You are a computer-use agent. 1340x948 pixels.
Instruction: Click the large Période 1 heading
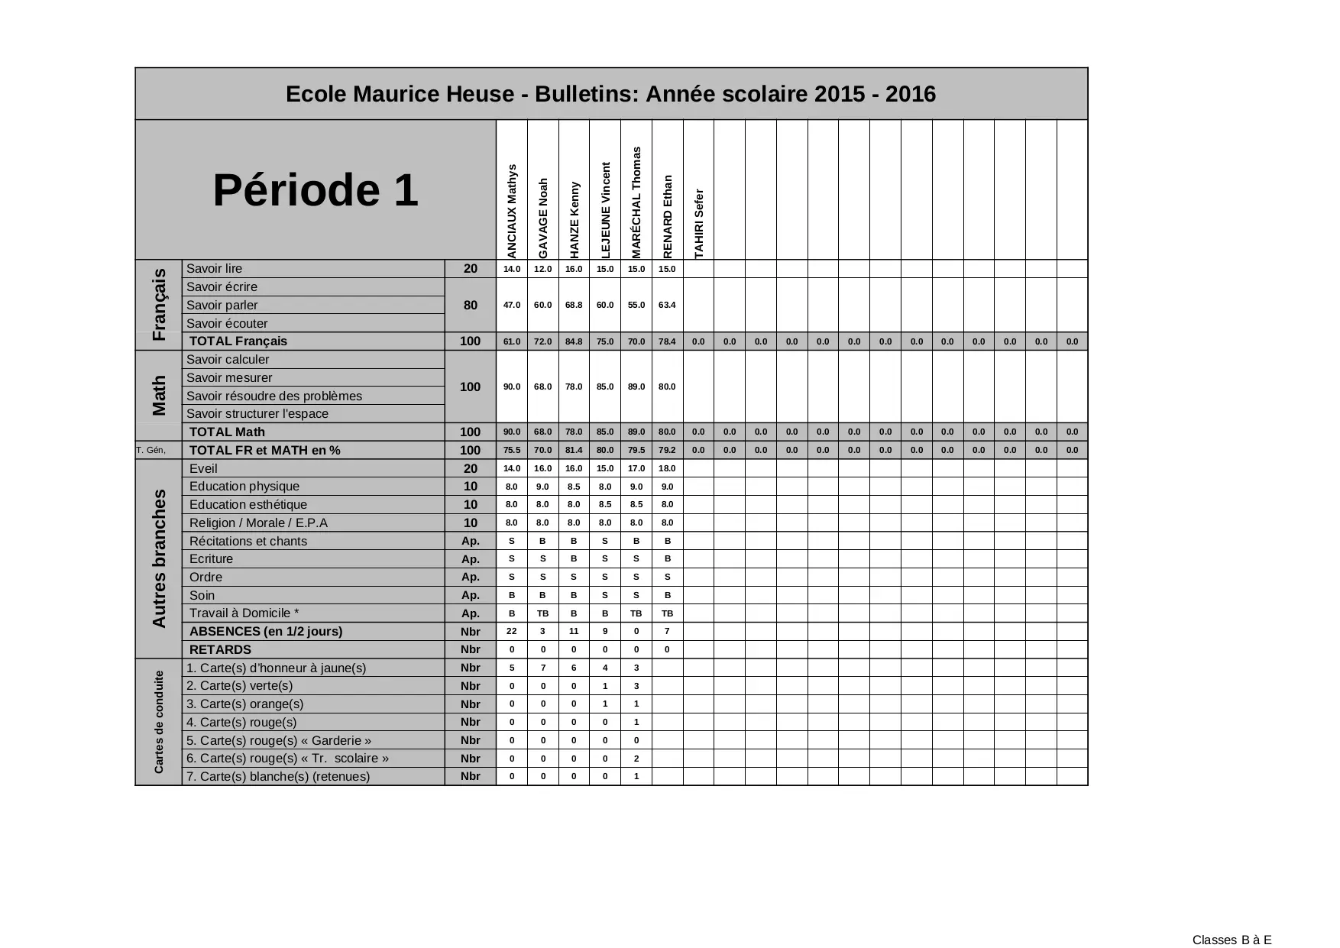315,190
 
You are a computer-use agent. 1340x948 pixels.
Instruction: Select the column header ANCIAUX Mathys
512,211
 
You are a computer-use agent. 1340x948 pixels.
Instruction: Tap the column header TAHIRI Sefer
698,223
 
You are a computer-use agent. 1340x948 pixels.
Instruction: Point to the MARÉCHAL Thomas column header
636,202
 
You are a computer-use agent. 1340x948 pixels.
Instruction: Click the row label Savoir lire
214,269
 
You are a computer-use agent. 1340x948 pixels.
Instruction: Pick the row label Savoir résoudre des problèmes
274,396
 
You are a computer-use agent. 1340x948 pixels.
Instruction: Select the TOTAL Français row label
238,341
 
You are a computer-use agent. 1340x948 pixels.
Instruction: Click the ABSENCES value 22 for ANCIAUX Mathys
512,631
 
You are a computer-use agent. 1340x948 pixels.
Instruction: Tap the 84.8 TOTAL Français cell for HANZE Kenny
574,341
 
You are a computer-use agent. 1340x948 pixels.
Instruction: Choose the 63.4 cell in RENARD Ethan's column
667,305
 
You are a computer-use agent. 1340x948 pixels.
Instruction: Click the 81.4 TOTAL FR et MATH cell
574,450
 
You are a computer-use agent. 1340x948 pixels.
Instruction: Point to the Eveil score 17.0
636,468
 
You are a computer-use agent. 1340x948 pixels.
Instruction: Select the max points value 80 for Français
471,305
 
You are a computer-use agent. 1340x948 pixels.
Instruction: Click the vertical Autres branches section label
159,558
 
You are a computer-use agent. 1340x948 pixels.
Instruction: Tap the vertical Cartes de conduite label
159,722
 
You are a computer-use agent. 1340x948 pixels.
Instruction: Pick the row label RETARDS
220,650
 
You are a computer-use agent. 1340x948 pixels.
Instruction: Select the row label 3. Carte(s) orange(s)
244,704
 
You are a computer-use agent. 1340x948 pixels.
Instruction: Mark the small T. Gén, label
151,450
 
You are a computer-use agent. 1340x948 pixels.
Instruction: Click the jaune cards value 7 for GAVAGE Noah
543,668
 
